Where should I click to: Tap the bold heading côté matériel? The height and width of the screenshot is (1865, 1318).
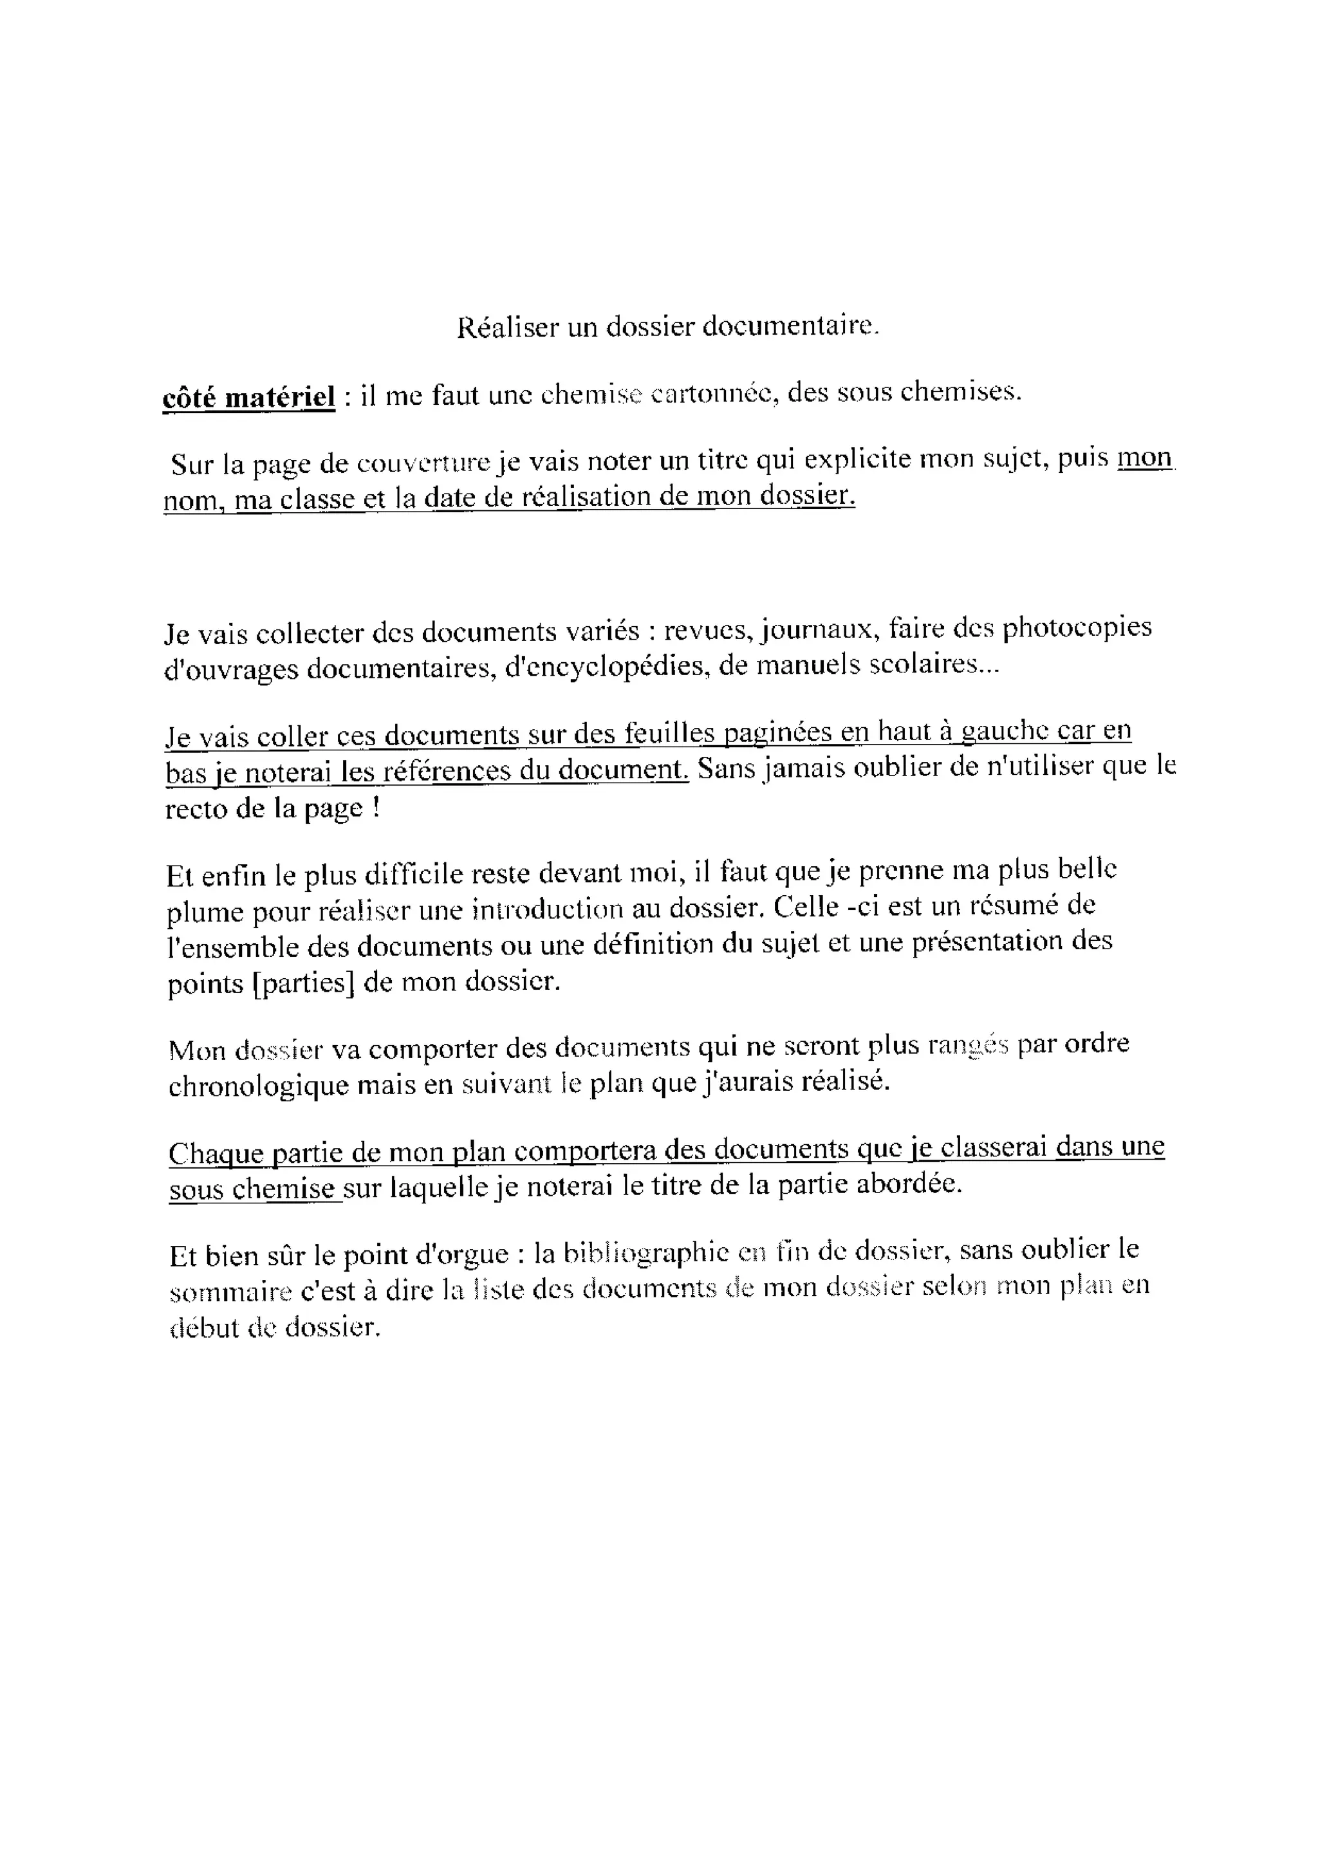[x=248, y=397]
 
